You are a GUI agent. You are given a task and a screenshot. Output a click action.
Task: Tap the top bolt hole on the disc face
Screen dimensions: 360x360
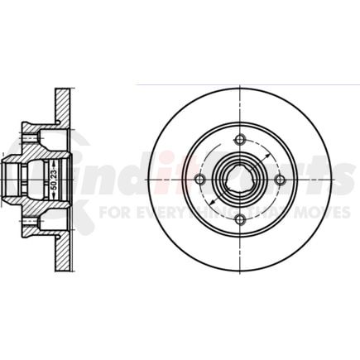[239, 139]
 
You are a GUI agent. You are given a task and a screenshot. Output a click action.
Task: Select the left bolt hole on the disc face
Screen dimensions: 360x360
[199, 180]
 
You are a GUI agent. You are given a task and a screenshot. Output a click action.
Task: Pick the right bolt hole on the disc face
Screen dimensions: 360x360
[280, 180]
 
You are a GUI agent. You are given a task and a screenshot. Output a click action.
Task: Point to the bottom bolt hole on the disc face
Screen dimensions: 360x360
[239, 219]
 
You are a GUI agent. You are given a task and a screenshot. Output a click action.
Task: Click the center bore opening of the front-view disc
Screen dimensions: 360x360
[239, 180]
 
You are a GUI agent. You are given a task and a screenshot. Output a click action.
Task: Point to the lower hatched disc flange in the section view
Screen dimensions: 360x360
[61, 252]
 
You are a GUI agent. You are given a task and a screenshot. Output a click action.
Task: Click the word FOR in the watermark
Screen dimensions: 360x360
[110, 212]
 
